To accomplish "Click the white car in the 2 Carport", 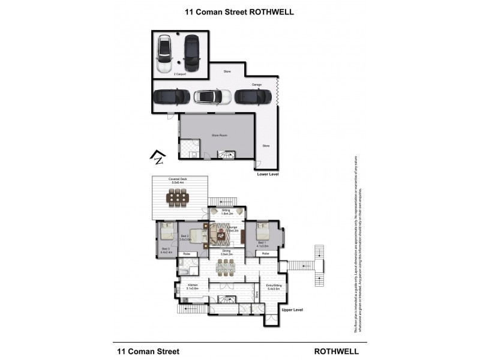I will [x=164, y=55].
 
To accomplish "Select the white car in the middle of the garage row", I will [x=212, y=97].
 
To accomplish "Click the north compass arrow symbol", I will [x=157, y=158].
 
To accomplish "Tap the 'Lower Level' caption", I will [x=268, y=174].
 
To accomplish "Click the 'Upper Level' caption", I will [x=293, y=309].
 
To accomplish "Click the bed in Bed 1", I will [x=262, y=232].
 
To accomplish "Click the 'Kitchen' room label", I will [x=193, y=284].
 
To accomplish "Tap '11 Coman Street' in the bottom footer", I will [x=148, y=351].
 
